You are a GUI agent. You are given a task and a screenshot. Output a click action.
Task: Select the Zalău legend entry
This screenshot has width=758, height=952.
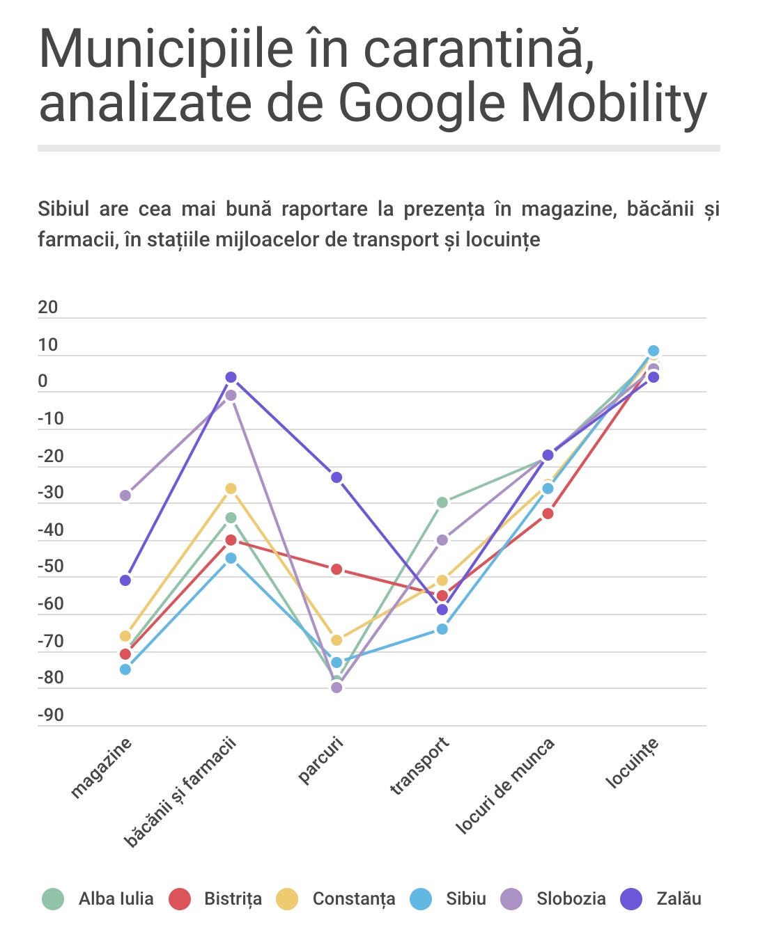click(x=660, y=898)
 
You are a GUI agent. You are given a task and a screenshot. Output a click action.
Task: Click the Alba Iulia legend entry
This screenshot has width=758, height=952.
click(x=98, y=898)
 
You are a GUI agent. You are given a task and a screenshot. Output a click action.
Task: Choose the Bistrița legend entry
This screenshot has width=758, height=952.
click(x=215, y=898)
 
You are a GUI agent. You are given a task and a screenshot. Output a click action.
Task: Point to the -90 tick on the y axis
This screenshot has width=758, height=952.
click(x=51, y=715)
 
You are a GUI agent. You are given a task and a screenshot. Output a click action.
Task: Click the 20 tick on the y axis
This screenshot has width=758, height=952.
click(x=48, y=308)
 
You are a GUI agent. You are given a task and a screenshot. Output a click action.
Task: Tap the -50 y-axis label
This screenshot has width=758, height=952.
click(x=51, y=566)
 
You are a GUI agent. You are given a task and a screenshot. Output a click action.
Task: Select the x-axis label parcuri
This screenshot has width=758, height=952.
click(x=320, y=761)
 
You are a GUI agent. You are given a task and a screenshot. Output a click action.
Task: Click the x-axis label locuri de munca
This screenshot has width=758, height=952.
click(x=505, y=786)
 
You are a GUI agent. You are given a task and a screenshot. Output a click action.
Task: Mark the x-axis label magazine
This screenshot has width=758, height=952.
click(x=101, y=768)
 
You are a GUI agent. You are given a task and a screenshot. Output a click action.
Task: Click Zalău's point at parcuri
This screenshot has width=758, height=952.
click(x=337, y=477)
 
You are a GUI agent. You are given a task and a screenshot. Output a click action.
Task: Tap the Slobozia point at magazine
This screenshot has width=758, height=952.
click(x=125, y=495)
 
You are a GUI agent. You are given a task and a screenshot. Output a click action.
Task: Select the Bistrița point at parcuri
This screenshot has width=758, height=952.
click(x=337, y=569)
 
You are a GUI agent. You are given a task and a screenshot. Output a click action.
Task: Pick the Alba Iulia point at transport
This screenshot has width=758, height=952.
click(x=442, y=502)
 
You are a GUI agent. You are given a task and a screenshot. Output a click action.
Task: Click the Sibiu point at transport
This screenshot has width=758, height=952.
click(x=442, y=629)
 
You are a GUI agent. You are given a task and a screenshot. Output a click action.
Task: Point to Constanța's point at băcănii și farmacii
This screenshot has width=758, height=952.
click(x=231, y=489)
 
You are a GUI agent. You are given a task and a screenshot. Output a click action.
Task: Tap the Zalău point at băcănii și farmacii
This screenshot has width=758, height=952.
click(x=231, y=377)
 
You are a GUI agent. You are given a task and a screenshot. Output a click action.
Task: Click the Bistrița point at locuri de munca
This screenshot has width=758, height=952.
click(x=548, y=514)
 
